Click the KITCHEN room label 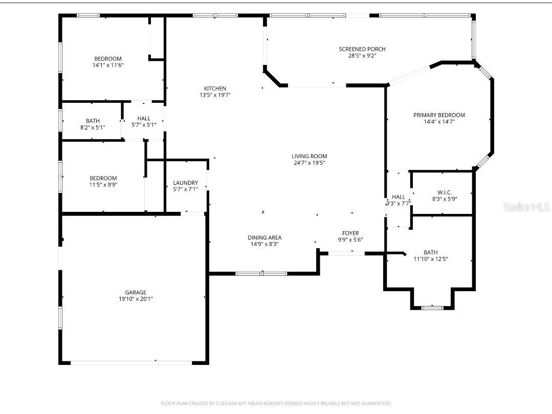215,89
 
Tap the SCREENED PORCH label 362,49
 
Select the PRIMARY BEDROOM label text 439,115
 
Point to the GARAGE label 136,292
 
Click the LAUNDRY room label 186,183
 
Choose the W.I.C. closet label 445,192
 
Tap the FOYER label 350,233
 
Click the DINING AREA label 264,237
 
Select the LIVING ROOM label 309,156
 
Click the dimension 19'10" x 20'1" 136,299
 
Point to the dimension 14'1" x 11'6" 108,65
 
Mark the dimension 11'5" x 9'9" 103,184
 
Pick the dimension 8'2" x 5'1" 93,127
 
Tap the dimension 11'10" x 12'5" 431,259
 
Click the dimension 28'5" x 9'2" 362,56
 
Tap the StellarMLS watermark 526,207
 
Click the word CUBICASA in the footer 226,403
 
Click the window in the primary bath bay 432,308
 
